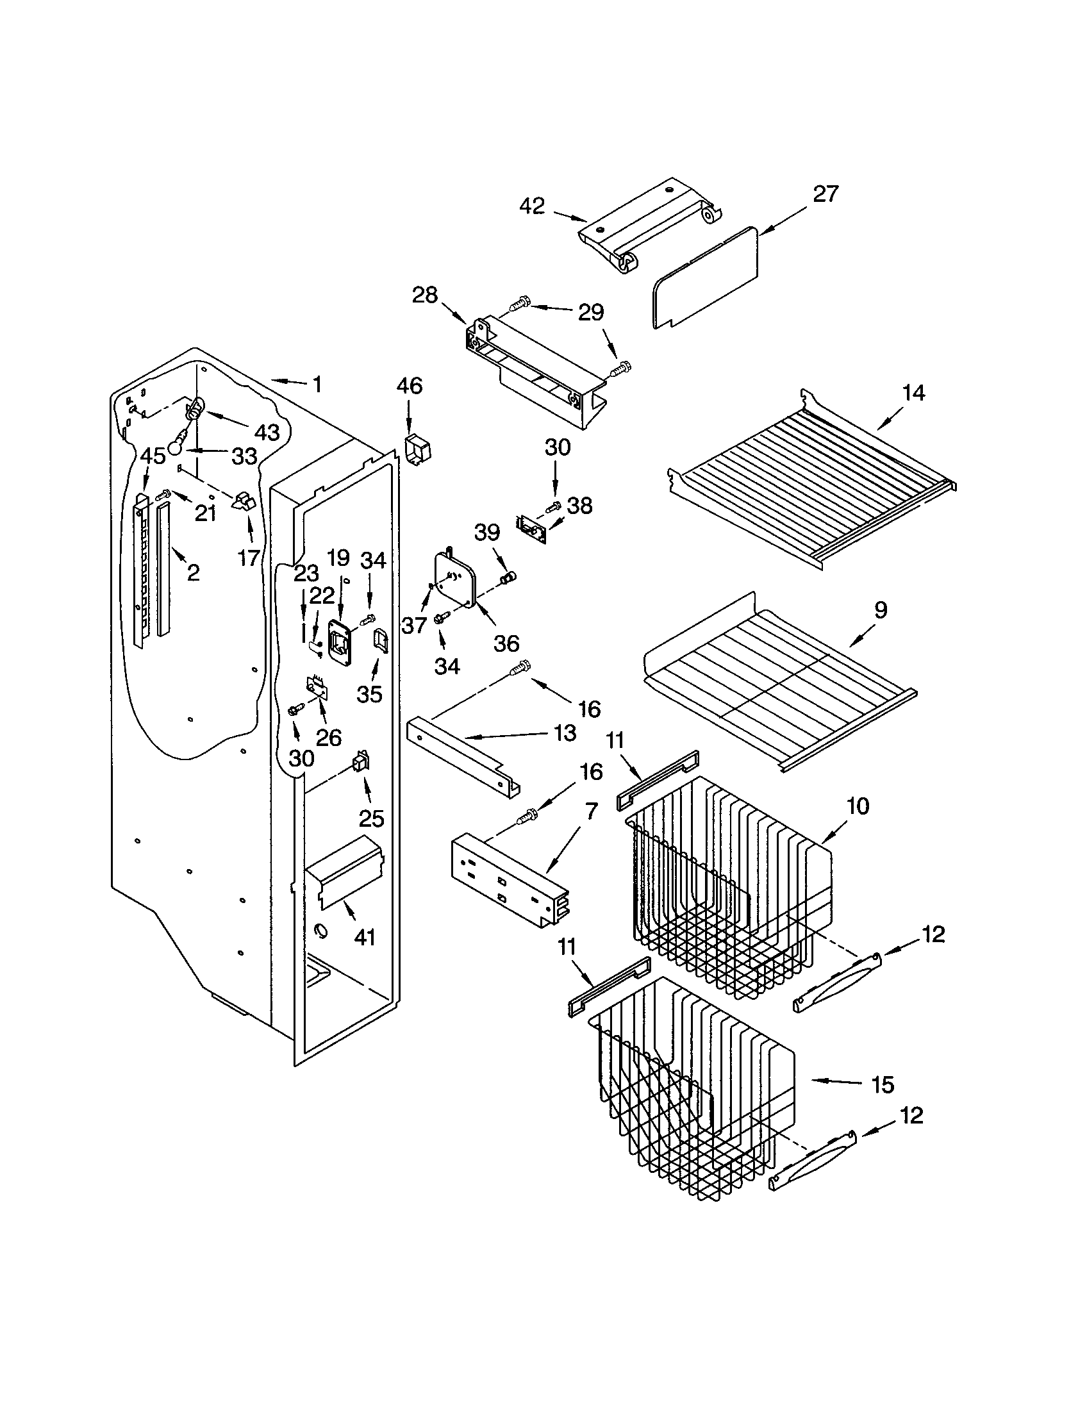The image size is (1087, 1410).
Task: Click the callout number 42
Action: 532,206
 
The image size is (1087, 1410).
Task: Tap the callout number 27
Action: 825,194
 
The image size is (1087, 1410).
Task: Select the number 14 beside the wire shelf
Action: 913,392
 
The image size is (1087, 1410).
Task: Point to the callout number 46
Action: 409,386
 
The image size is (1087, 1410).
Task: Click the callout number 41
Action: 365,936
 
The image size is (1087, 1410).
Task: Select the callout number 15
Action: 883,1084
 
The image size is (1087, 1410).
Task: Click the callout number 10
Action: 858,806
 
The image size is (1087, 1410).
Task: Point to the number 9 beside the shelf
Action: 880,610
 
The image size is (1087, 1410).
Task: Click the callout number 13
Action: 565,733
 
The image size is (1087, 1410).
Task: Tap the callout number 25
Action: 371,818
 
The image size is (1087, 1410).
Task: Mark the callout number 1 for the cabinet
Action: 316,385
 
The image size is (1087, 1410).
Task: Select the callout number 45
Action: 153,456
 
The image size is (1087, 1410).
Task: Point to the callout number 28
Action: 425,295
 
